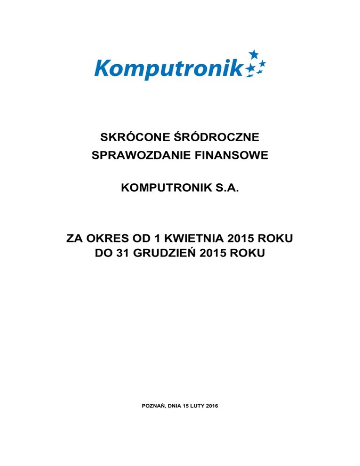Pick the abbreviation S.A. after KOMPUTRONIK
point(227,189)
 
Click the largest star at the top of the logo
point(253,54)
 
